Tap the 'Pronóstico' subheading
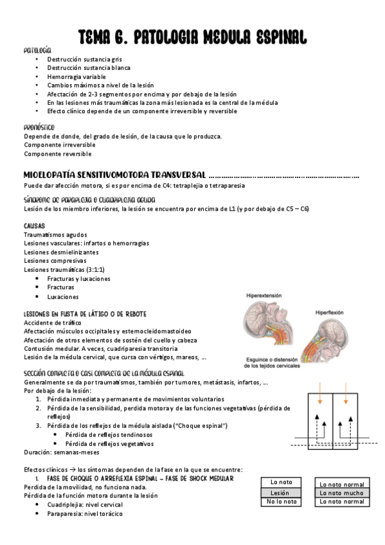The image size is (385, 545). tap(39, 127)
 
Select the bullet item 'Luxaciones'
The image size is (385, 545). tap(63, 297)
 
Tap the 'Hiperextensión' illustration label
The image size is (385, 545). tap(264, 295)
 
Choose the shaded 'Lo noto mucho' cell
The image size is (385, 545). tap(342, 493)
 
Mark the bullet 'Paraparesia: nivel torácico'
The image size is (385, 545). tap(84, 514)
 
